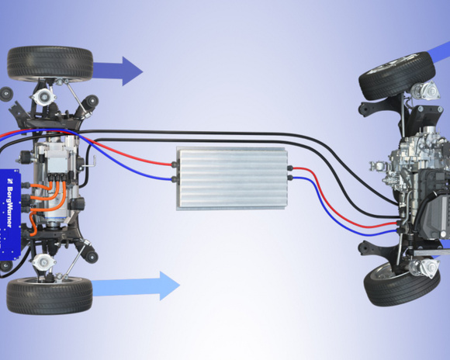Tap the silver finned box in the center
232,179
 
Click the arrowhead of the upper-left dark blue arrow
133,71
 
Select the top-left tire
50,64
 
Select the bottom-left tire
50,296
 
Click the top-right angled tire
397,75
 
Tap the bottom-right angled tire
402,283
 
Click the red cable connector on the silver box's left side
175,164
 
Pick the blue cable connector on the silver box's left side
175,179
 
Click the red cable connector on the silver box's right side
290,168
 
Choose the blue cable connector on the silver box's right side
290,178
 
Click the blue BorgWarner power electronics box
10,214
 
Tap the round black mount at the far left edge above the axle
5,94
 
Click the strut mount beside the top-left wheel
43,96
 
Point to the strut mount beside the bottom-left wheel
43,261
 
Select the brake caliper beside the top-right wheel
425,89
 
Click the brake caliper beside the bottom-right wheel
424,267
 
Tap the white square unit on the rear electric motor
57,164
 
